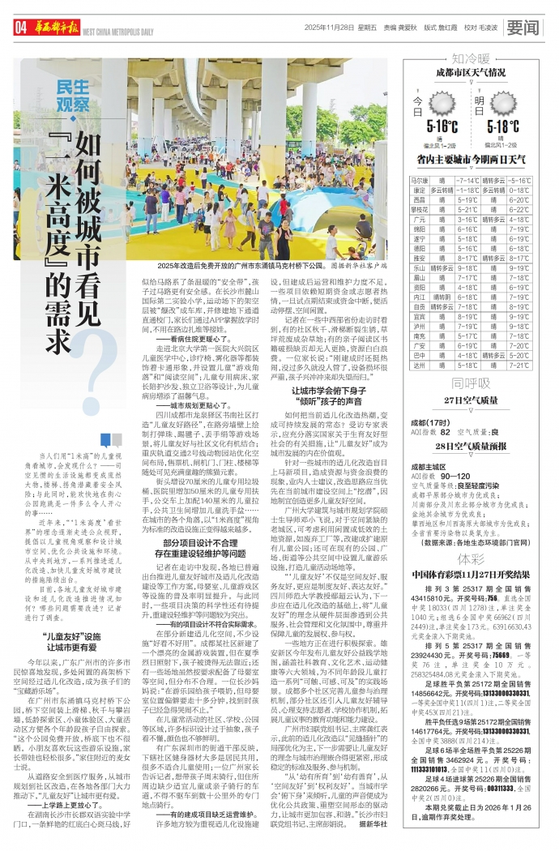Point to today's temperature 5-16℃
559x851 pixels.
point(442,126)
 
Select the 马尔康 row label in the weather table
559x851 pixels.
point(419,180)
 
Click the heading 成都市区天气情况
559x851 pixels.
point(471,72)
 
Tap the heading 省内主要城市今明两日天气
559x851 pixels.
point(471,160)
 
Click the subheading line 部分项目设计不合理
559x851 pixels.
point(199,520)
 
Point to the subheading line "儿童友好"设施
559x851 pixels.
point(72,637)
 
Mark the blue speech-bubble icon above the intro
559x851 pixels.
point(105,440)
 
